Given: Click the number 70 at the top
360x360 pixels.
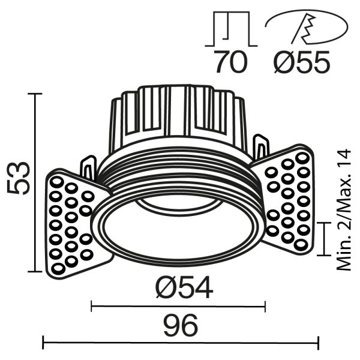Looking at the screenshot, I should coord(230,62).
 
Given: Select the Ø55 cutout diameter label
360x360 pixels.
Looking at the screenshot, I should coord(300,62).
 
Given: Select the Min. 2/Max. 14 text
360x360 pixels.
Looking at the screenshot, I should coord(343,211).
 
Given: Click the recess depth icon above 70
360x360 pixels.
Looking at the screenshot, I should coord(230,31).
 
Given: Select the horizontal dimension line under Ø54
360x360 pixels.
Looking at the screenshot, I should coord(178,307).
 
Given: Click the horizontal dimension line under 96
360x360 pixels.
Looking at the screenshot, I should coord(180,344).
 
